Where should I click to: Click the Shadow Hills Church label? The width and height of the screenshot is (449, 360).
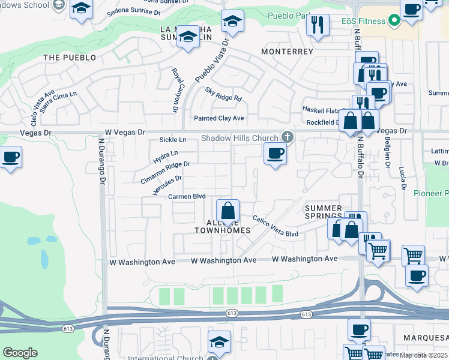[x=240, y=138]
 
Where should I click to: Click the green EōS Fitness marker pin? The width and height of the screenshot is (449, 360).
[x=394, y=22]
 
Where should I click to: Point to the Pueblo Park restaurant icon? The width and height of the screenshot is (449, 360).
[x=318, y=25]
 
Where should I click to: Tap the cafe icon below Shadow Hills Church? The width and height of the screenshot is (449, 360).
[x=276, y=154]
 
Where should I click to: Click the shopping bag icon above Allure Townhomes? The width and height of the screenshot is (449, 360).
[x=228, y=211]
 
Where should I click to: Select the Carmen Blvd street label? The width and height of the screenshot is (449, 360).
[x=187, y=196]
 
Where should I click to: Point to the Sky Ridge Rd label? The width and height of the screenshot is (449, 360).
[x=223, y=94]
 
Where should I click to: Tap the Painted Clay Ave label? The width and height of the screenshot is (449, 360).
[x=218, y=118]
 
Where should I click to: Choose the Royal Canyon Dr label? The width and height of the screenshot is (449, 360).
[x=176, y=90]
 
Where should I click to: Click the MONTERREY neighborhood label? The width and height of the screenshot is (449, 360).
[x=287, y=52]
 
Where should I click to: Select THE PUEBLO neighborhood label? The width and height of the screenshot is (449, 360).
[x=70, y=58]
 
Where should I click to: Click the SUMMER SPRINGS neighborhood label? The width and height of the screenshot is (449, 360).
[x=324, y=212]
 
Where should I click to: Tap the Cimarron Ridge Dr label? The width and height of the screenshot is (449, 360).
[x=165, y=172]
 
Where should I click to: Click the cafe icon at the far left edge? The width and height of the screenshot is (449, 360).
[x=10, y=158]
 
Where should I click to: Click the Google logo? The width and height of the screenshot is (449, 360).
[x=20, y=353]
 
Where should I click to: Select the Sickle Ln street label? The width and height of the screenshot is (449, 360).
[x=173, y=140]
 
